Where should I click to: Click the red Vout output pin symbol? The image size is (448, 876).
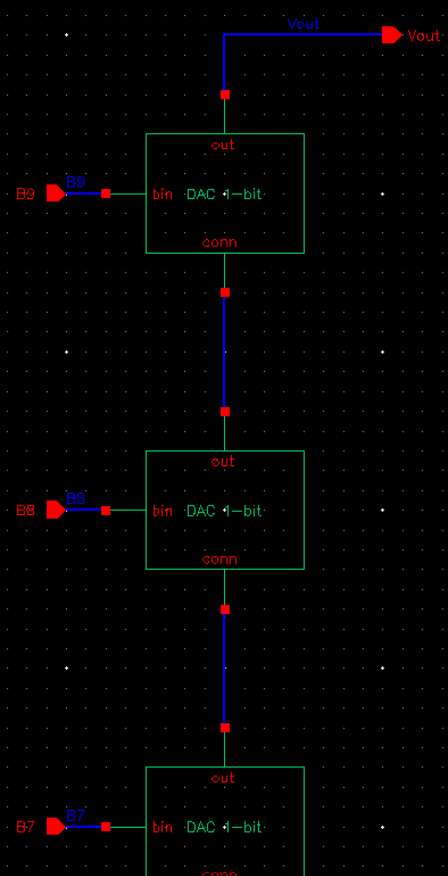(392, 35)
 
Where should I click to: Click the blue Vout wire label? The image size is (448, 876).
(303, 24)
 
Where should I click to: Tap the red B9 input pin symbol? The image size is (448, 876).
(56, 193)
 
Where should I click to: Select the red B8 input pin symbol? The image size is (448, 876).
(56, 510)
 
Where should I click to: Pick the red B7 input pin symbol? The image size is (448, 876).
(56, 827)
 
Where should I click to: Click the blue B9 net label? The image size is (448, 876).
(75, 182)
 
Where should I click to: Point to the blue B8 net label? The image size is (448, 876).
(75, 498)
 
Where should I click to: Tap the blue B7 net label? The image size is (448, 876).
(75, 815)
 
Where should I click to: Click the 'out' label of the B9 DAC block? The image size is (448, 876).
(223, 145)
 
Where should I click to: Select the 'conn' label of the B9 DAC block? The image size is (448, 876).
(219, 242)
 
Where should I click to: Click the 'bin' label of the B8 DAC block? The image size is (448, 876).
(162, 511)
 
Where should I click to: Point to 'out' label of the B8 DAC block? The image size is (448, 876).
(223, 462)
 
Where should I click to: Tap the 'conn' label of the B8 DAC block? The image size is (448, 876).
(219, 559)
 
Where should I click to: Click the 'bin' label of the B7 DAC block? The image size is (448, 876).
(162, 827)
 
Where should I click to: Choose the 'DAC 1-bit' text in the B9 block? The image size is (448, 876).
(224, 194)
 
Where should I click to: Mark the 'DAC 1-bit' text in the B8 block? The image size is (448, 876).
(224, 511)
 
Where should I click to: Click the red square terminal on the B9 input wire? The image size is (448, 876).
(106, 194)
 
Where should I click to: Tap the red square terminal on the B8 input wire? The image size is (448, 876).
(106, 511)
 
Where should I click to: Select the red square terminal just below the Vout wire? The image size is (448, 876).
(225, 94)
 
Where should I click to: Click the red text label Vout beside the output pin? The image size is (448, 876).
(424, 36)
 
